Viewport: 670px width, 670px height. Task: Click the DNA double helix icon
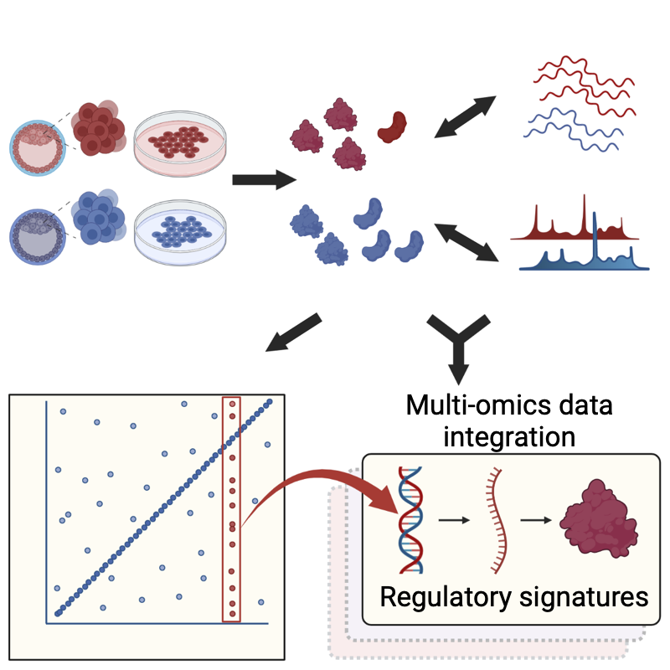(x=410, y=519)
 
